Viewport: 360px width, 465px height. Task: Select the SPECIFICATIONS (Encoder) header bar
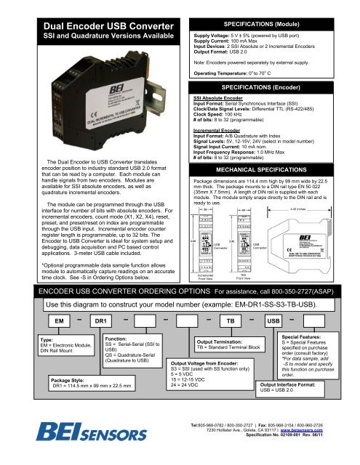tap(271, 86)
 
